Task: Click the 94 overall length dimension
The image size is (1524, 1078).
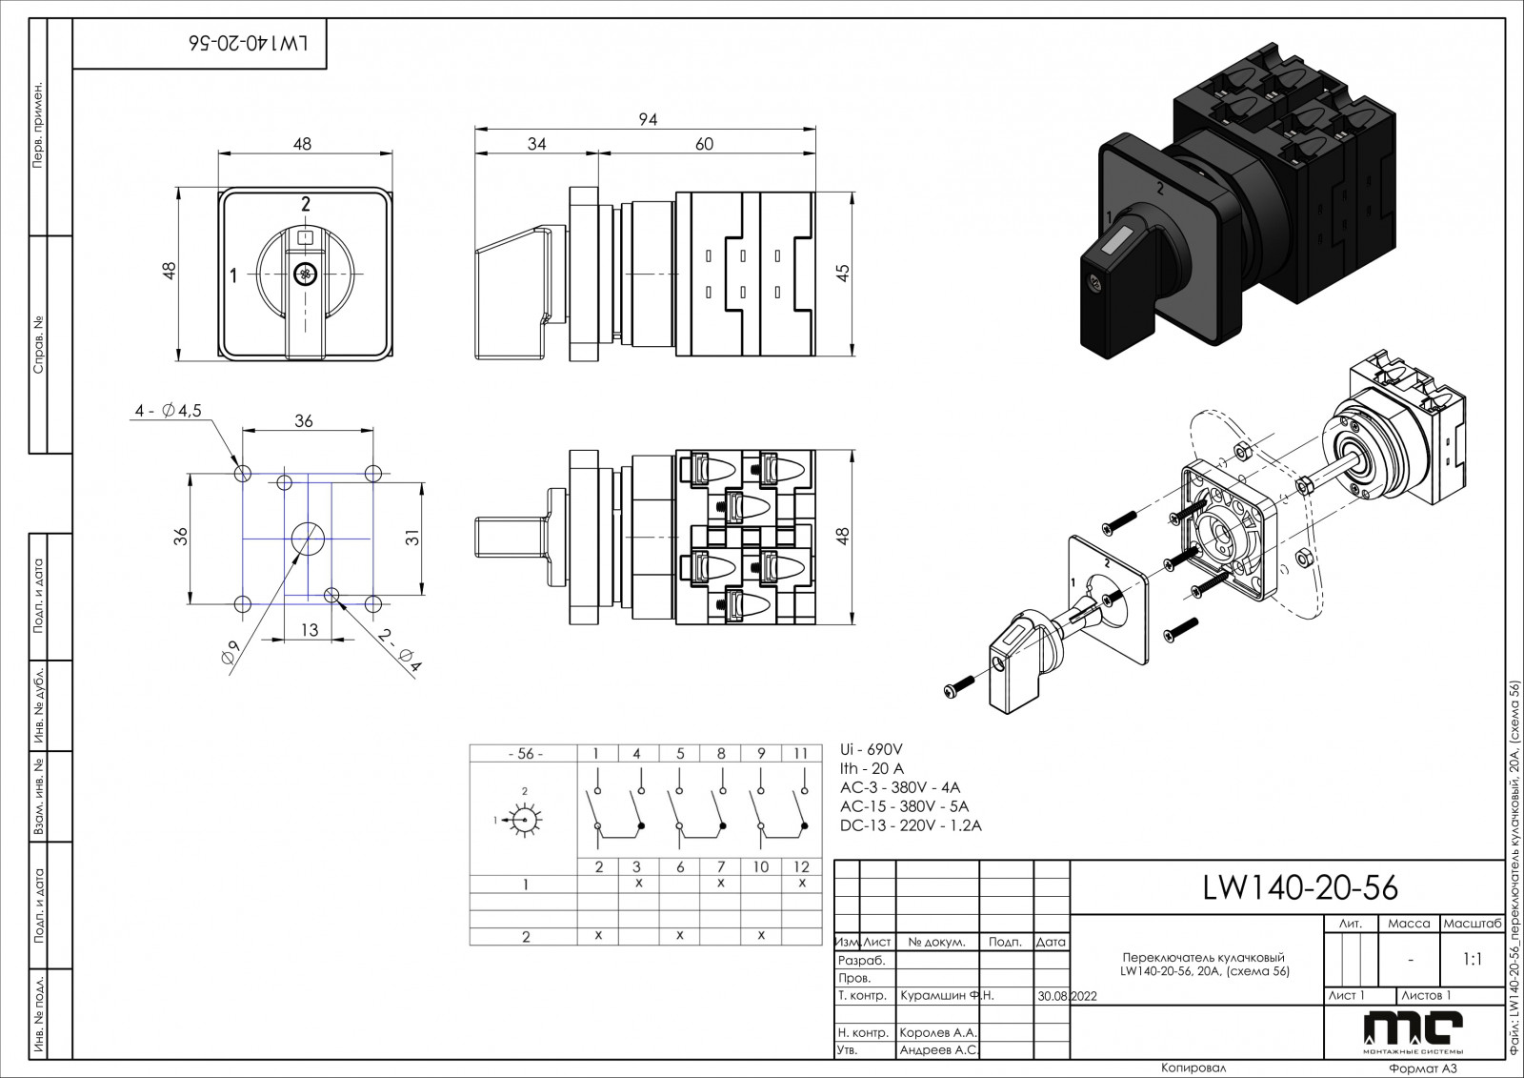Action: coord(648,120)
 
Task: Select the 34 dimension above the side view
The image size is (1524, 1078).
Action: coord(537,144)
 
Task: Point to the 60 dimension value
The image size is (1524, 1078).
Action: coord(704,144)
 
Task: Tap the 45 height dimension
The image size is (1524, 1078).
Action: coord(842,274)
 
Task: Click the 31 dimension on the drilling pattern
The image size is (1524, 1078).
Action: coord(412,538)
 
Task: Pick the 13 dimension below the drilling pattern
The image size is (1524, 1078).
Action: coord(310,630)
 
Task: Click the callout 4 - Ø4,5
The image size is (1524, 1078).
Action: coord(168,411)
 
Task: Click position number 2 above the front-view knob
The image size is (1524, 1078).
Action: coord(306,202)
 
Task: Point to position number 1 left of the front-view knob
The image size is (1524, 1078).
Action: coord(233,276)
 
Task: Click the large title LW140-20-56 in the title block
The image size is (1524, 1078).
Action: coord(1300,888)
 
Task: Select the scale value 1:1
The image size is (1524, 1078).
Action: coord(1472,960)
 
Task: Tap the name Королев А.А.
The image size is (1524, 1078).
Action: coord(938,1032)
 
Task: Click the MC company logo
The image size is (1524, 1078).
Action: coord(1413,1030)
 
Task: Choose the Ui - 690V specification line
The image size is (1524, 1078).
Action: coord(871,749)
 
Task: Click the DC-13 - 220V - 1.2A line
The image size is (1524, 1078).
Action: coord(910,825)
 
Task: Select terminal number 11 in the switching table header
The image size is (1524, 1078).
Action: coord(801,754)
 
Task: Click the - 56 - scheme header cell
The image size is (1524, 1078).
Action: coord(525,754)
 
